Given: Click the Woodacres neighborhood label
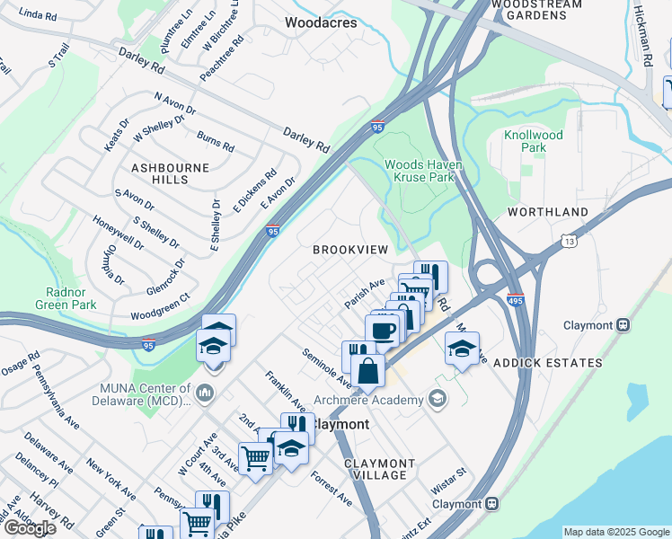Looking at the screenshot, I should (x=321, y=22).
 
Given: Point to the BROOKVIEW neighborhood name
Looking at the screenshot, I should (x=349, y=249).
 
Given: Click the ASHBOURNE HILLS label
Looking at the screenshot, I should (x=170, y=173).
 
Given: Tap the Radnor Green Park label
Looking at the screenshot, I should (x=72, y=297).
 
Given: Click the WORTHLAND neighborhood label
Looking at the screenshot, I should (x=548, y=212).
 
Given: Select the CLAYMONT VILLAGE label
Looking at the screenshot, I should (x=380, y=469).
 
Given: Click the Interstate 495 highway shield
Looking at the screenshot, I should (x=515, y=300).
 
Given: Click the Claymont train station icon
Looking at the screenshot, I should (x=491, y=504).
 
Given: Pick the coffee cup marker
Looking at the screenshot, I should (x=383, y=330).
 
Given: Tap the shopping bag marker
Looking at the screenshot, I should (x=367, y=370).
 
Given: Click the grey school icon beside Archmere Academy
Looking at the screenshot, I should (x=438, y=399).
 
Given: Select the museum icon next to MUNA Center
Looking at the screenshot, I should (x=206, y=393).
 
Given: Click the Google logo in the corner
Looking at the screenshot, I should (x=30, y=528).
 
